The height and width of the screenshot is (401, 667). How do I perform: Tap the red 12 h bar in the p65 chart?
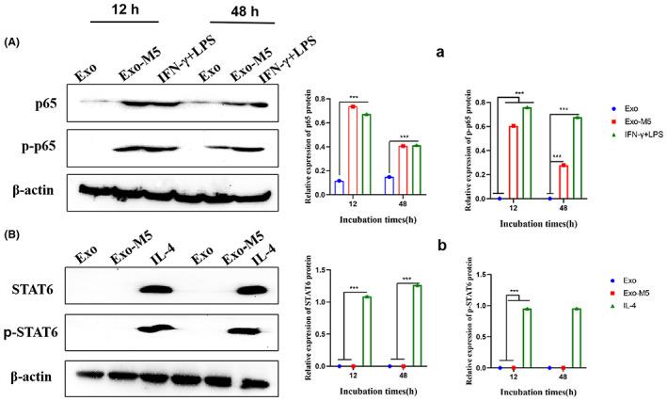tap(352, 150)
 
